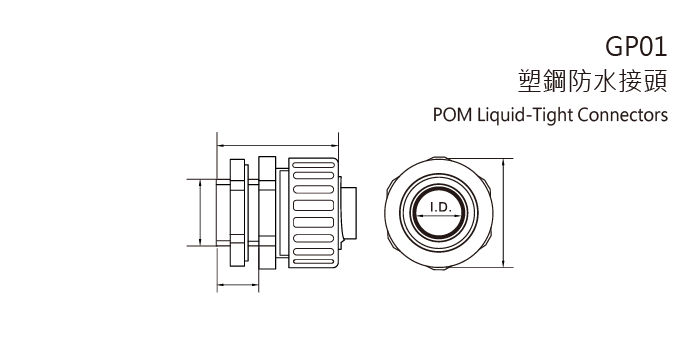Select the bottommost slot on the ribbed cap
click(x=312, y=262)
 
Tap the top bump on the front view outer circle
click(x=440, y=158)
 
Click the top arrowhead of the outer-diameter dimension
click(x=503, y=160)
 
